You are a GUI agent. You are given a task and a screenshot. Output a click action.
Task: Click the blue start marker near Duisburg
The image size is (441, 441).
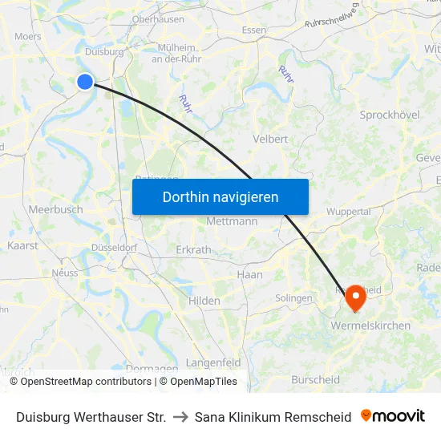85,81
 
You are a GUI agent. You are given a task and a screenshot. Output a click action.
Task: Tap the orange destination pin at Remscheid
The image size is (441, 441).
354,298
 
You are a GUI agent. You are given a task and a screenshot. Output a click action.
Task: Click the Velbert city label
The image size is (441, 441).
269,139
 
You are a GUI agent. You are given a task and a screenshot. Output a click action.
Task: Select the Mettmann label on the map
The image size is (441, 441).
232,221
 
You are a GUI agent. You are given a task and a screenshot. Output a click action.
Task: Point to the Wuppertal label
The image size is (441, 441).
348,212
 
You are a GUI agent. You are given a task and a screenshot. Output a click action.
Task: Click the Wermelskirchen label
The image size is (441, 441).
370,326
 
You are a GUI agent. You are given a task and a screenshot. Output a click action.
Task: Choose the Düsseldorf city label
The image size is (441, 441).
113,248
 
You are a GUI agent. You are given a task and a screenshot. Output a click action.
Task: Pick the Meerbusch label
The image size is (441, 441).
55,209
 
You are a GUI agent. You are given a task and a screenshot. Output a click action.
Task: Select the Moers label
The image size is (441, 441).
28,37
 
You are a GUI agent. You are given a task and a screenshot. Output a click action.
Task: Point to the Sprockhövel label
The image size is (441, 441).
390,115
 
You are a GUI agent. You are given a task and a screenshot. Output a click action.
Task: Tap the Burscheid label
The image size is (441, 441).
315,380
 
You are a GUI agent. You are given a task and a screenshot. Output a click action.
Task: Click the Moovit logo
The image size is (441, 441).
393,416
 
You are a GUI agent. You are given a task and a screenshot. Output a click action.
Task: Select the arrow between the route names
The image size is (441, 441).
180,417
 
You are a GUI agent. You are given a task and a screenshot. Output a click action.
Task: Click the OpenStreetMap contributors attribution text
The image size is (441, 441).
85,382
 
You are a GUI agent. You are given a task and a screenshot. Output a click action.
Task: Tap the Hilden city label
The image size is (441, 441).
204,301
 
